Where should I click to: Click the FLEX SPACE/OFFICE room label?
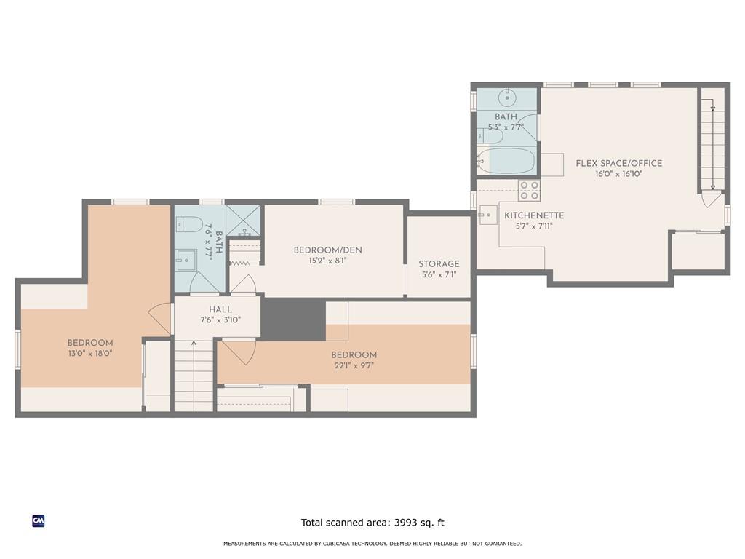(x=618, y=163)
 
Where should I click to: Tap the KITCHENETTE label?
(x=534, y=215)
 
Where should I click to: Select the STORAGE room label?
(x=439, y=263)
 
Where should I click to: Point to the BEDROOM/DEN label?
(x=328, y=250)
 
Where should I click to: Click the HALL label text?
(x=220, y=309)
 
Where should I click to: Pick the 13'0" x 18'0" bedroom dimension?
(x=90, y=353)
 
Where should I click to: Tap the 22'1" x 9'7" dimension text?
(x=354, y=365)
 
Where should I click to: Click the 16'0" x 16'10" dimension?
(x=618, y=174)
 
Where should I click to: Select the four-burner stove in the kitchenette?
(x=530, y=190)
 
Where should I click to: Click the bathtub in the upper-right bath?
(x=506, y=161)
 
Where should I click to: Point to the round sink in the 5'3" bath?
(x=507, y=98)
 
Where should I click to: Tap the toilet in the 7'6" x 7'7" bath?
(x=190, y=224)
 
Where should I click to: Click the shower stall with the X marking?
(x=243, y=220)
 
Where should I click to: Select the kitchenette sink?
(x=487, y=215)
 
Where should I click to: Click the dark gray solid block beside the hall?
(x=294, y=320)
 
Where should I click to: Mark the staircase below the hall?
(x=194, y=376)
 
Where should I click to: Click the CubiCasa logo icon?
(x=39, y=521)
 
